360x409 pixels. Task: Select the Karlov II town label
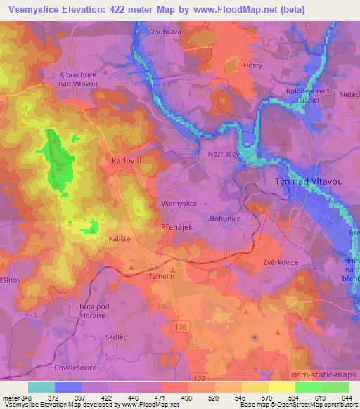pyautogui.click(x=127, y=160)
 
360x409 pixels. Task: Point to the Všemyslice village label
pyautogui.click(x=179, y=203)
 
